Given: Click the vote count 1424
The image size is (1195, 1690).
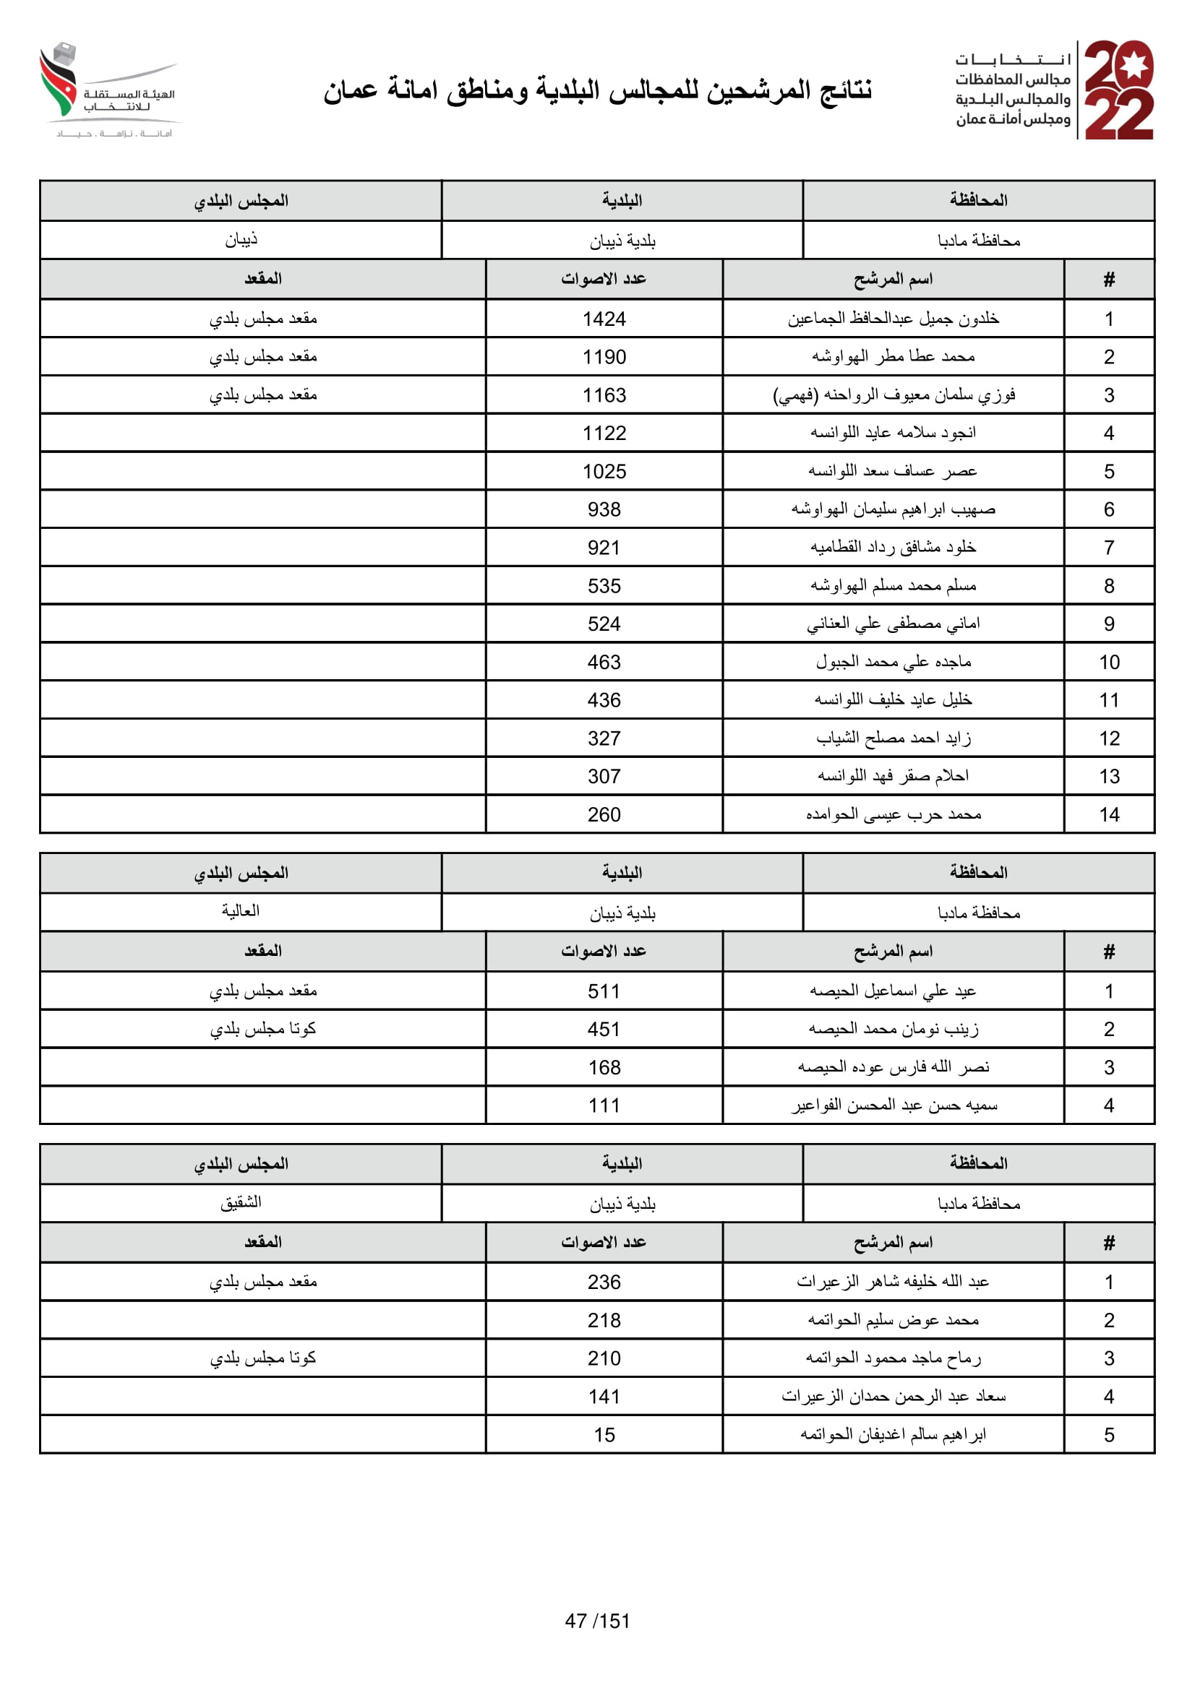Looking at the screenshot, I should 604,319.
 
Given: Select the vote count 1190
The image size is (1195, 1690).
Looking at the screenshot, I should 604,357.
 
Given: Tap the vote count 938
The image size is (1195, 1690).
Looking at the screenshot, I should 604,509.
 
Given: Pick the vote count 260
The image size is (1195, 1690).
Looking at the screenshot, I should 604,814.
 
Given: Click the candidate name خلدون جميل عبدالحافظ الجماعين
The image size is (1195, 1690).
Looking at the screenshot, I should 892,319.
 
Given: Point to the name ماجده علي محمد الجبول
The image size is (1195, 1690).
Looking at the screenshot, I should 892,662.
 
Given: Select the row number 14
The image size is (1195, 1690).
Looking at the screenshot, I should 1108,814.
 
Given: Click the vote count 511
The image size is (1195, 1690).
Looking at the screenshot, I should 604,991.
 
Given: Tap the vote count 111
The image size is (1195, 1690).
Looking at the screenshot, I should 604,1105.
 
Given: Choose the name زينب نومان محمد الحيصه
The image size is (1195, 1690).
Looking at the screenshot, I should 892,1029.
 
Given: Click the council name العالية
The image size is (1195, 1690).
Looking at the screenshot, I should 241,911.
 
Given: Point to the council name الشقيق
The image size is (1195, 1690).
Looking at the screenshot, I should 241,1202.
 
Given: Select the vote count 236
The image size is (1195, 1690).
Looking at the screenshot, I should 604,1282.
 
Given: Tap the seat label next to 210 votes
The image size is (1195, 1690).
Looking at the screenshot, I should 263,1358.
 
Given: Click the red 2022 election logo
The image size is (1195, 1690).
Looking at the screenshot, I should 1118,90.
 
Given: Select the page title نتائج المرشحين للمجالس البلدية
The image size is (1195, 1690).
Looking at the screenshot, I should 597,90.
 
